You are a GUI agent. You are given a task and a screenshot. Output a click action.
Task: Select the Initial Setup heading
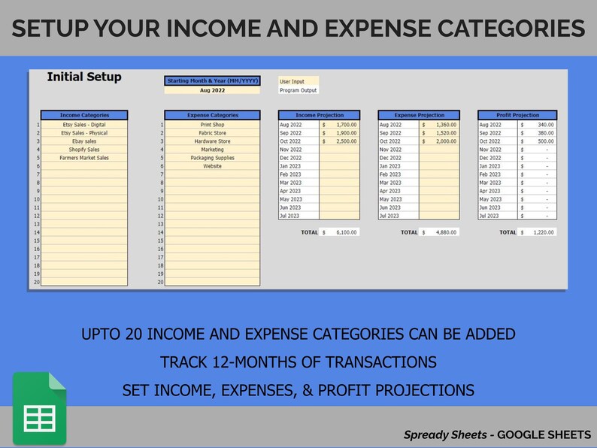click(83, 77)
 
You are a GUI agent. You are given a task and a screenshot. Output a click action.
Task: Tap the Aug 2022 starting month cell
click(212, 90)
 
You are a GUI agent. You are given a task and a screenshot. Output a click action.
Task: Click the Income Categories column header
click(84, 115)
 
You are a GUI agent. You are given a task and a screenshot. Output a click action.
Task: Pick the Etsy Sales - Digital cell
click(84, 125)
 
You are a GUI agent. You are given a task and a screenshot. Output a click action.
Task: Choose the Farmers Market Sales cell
click(84, 158)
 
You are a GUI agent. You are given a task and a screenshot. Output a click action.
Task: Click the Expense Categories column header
click(212, 115)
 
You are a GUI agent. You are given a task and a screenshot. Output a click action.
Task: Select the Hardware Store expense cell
click(212, 141)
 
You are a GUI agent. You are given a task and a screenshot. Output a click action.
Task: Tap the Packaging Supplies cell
click(212, 158)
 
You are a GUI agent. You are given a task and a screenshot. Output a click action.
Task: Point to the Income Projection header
click(319, 115)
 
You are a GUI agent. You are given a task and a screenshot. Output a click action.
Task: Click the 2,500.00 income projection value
click(340, 141)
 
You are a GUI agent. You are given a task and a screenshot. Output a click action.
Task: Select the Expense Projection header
click(418, 115)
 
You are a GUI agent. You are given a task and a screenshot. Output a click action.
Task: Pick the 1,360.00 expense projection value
click(439, 125)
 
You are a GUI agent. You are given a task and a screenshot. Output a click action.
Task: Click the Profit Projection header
click(518, 115)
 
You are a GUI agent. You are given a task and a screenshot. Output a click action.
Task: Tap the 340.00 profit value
click(539, 125)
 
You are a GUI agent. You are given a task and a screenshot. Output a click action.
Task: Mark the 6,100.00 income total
click(340, 232)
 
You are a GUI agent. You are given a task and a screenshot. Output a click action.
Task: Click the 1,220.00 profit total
click(539, 232)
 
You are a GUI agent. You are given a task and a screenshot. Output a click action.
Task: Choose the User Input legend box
click(298, 81)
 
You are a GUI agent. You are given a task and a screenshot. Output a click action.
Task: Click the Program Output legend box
click(298, 90)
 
